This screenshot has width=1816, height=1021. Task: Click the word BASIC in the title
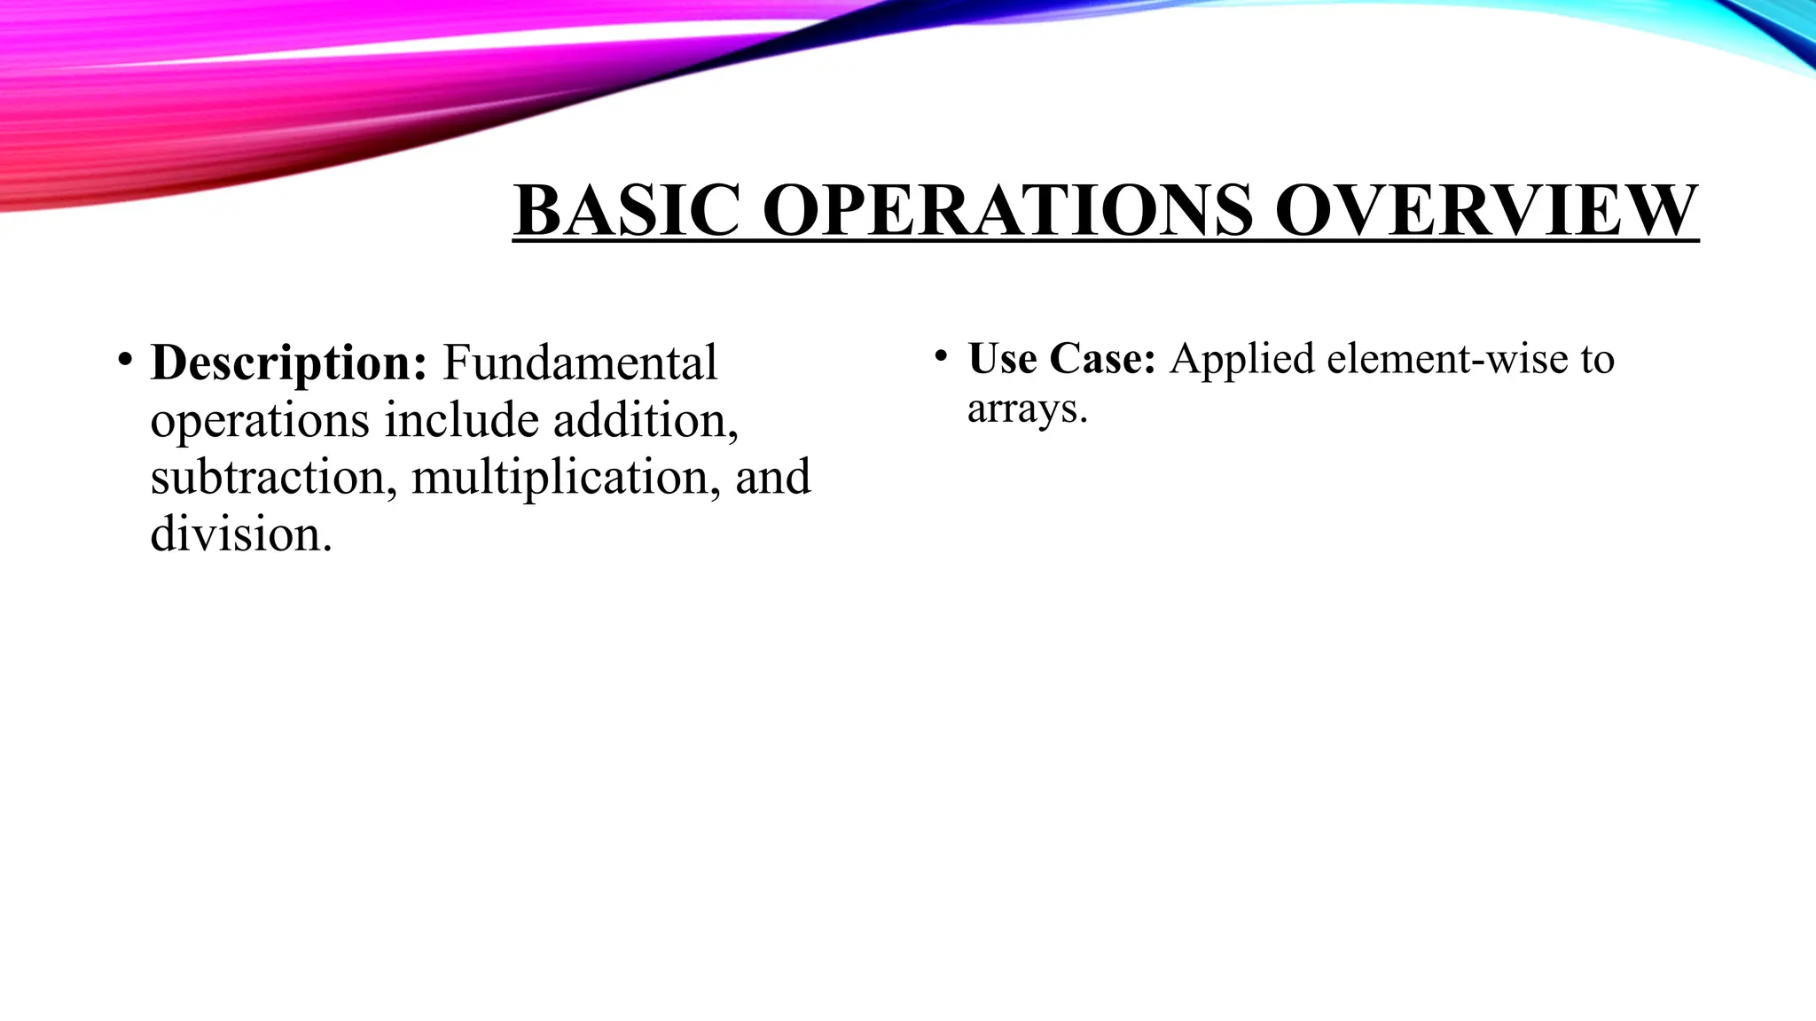point(626,210)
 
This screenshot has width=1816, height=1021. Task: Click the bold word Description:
point(289,363)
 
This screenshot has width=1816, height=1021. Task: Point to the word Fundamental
point(579,363)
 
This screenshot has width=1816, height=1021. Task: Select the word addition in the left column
point(645,420)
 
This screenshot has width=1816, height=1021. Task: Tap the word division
point(240,534)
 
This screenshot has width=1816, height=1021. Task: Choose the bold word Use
point(1002,358)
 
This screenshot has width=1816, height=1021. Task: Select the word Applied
point(1241,360)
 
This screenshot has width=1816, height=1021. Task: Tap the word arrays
point(1027,409)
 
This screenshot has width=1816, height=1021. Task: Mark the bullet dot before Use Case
point(941,357)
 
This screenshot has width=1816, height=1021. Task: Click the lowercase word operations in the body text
point(259,422)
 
